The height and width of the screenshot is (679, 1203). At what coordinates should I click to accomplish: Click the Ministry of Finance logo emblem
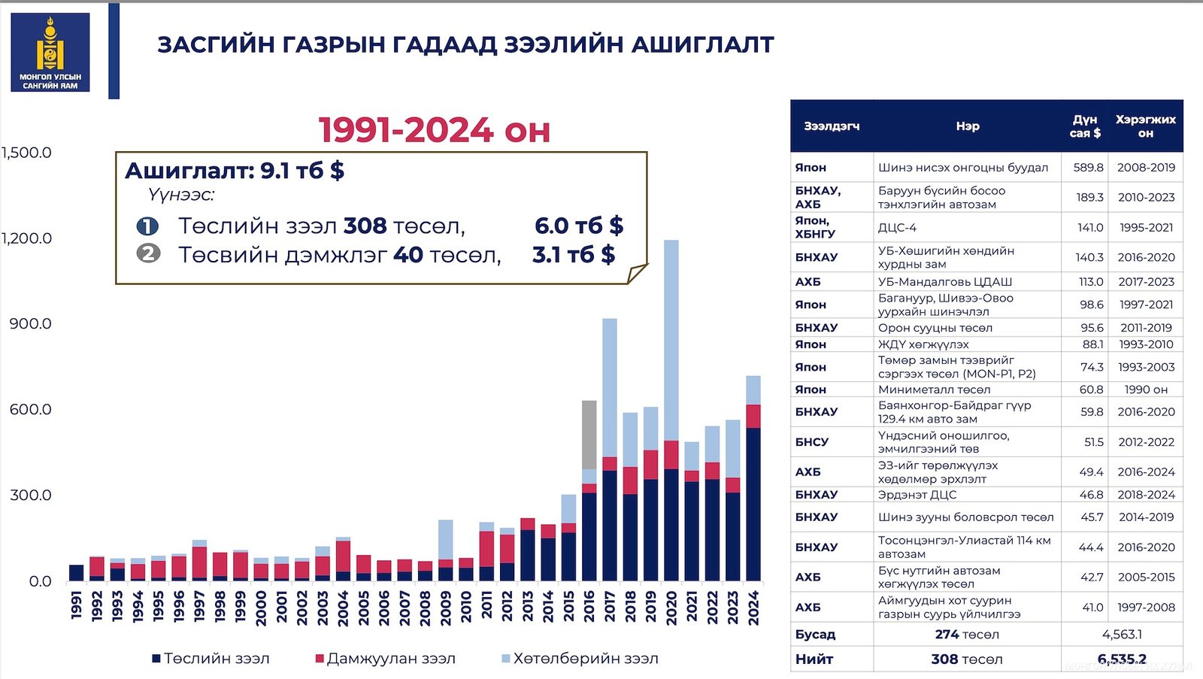click(50, 52)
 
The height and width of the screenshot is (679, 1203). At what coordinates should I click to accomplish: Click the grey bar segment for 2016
click(589, 435)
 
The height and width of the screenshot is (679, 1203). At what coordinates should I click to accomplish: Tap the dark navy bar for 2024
click(753, 504)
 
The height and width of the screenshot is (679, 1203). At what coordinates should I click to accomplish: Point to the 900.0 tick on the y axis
click(30, 323)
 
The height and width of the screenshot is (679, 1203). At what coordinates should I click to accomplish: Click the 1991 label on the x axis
click(76, 605)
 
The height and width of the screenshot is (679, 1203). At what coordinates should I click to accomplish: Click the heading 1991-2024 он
click(435, 130)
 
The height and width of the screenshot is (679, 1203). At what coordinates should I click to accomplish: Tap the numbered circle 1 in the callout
click(147, 226)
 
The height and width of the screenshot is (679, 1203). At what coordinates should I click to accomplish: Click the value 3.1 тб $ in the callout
click(574, 255)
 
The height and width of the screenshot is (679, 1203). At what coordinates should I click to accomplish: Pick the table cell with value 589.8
click(1088, 168)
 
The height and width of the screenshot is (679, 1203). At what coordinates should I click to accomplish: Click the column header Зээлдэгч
click(832, 126)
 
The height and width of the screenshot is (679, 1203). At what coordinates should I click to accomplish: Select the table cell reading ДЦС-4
click(897, 227)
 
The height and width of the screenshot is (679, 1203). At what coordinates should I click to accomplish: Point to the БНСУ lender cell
click(812, 442)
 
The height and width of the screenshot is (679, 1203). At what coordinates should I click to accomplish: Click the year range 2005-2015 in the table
click(1146, 577)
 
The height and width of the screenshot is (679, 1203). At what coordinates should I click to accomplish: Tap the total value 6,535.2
click(1122, 659)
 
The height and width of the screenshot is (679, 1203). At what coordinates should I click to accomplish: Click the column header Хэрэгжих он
click(1146, 126)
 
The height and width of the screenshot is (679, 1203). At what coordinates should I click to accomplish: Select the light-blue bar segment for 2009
click(446, 539)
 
